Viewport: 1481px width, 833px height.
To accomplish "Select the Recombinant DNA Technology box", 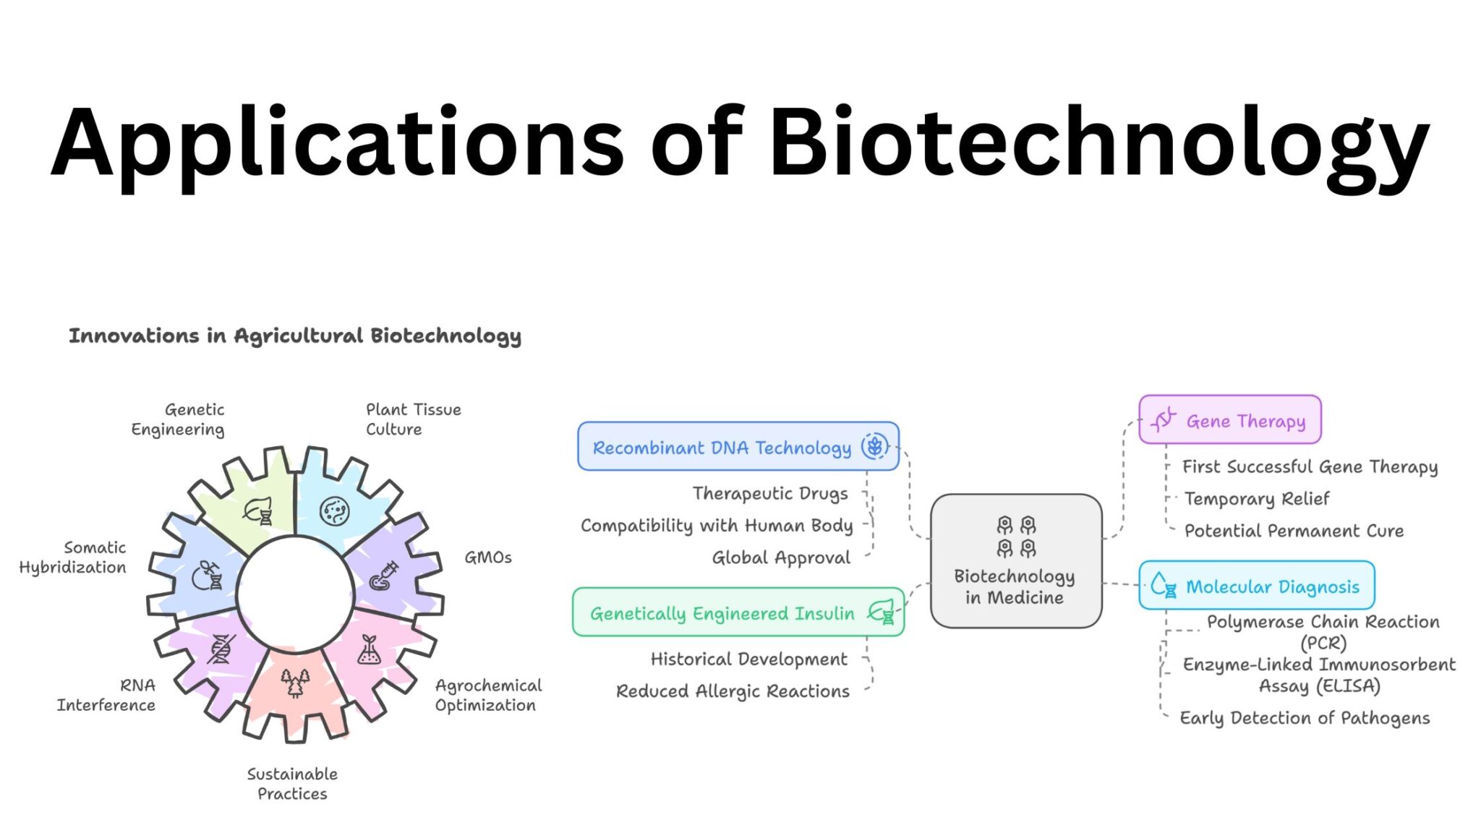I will [738, 447].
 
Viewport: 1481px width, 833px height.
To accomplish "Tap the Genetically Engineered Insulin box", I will [738, 612].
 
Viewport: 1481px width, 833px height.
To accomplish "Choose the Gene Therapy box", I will [1229, 420].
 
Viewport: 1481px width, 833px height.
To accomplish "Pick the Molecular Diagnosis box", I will [1256, 586].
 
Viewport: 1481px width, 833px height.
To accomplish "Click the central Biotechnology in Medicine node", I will [1015, 561].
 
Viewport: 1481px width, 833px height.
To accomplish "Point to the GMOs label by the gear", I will [488, 558].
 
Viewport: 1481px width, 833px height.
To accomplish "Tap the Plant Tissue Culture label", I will [413, 419].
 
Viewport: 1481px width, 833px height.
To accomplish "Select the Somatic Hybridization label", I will [74, 558].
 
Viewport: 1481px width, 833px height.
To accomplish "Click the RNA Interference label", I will [107, 695].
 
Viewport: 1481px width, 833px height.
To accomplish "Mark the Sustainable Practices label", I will [292, 784].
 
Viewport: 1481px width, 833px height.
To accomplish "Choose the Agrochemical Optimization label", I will [488, 695].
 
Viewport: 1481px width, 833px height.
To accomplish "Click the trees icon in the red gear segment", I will [295, 683].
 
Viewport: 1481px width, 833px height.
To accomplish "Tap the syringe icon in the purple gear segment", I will [383, 576].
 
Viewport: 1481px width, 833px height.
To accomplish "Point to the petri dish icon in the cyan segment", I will [334, 511].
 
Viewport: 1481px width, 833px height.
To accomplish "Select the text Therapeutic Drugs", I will [770, 493].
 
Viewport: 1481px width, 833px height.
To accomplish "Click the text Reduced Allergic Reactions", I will [733, 691].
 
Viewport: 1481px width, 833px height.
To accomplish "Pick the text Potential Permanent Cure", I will [1294, 531].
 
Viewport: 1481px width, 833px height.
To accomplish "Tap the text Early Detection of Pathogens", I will [1305, 718].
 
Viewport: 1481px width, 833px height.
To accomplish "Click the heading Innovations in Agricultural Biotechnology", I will [295, 336].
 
